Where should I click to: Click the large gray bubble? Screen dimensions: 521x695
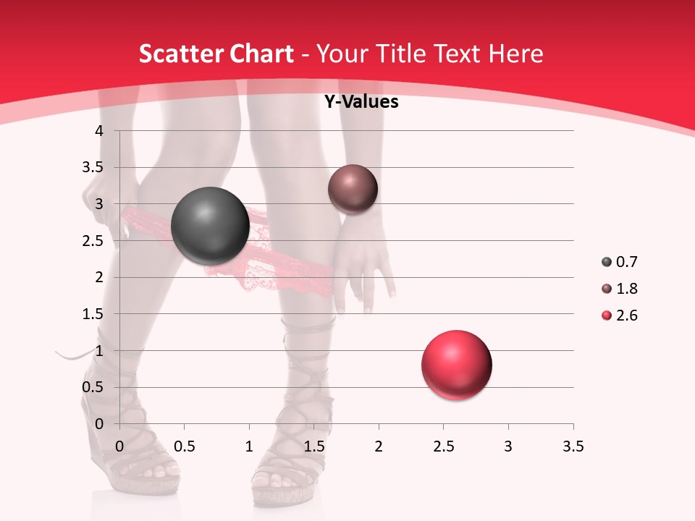point(211,226)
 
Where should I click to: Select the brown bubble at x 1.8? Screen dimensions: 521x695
point(353,190)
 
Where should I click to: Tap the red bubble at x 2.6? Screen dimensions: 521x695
point(457,365)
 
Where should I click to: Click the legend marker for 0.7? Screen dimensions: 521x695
point(606,262)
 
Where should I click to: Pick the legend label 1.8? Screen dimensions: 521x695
point(626,289)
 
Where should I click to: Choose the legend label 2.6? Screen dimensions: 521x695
point(626,315)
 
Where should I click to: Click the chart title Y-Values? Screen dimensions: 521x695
point(361,102)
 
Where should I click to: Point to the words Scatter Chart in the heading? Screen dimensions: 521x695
point(216,54)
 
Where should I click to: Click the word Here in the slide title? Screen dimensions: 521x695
point(515,54)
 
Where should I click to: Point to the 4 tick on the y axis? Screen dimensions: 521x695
point(100,131)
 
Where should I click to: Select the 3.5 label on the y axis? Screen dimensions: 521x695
point(94,167)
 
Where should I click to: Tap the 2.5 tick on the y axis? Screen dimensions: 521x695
point(94,241)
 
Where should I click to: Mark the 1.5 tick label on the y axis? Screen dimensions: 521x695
point(94,314)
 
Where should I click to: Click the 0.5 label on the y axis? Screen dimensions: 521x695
point(94,387)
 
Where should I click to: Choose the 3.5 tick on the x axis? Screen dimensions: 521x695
point(573,446)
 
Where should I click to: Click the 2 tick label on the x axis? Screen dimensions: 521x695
point(379,446)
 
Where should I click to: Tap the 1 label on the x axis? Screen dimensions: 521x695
point(249,446)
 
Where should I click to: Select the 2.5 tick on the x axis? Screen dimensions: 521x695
point(443,446)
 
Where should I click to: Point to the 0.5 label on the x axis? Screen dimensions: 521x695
point(184,446)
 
